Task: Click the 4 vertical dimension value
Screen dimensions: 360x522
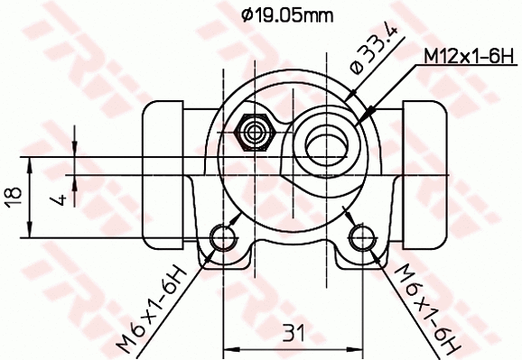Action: tap(60, 198)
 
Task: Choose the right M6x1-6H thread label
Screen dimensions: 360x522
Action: tap(423, 305)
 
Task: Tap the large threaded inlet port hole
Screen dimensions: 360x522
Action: tap(326, 140)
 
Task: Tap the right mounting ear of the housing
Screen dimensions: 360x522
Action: tap(363, 248)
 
